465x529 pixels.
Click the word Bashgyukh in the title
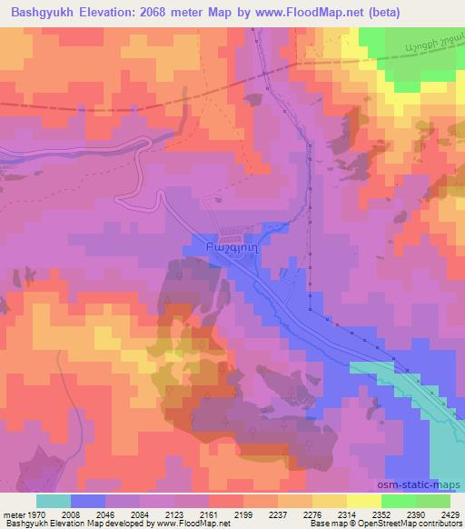point(44,11)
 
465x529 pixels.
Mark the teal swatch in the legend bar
point(53,500)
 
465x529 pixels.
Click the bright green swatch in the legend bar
point(399,500)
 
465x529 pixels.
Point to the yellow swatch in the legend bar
point(330,500)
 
